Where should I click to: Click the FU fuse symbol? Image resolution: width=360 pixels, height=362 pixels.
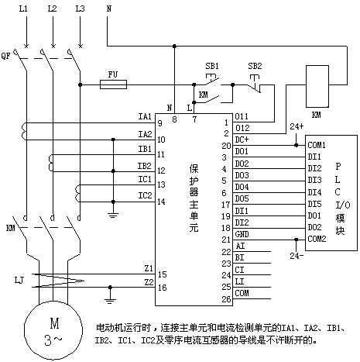(113, 84)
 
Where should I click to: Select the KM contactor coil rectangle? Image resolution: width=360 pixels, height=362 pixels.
(317, 86)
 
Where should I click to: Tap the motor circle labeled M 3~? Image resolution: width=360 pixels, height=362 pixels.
(53, 330)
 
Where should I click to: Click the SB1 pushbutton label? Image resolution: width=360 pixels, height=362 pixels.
(212, 66)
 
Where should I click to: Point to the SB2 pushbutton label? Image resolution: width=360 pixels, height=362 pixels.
(255, 66)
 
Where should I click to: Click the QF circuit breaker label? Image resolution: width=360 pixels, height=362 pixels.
(5, 56)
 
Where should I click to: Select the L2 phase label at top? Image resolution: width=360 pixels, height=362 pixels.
(52, 9)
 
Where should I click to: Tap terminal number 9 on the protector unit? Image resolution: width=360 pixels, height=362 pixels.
(160, 123)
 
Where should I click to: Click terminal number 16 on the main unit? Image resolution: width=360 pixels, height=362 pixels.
(163, 288)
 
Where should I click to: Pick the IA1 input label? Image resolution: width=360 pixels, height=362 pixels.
(145, 116)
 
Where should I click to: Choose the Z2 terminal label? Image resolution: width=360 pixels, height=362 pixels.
(149, 282)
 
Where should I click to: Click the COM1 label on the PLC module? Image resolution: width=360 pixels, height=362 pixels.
(317, 145)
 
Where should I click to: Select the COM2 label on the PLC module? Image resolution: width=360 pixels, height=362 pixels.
(317, 239)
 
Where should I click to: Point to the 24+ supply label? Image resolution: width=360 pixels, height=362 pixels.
(297, 126)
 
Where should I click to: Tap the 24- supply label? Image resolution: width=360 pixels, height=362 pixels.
(297, 256)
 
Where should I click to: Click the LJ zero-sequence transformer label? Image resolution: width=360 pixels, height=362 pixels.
(19, 280)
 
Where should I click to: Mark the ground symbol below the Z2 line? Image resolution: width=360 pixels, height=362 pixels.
(110, 300)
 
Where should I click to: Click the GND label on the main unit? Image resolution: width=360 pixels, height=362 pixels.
(242, 234)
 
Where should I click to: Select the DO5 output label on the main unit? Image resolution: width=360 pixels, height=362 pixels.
(242, 198)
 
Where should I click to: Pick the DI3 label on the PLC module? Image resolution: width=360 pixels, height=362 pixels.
(314, 180)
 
